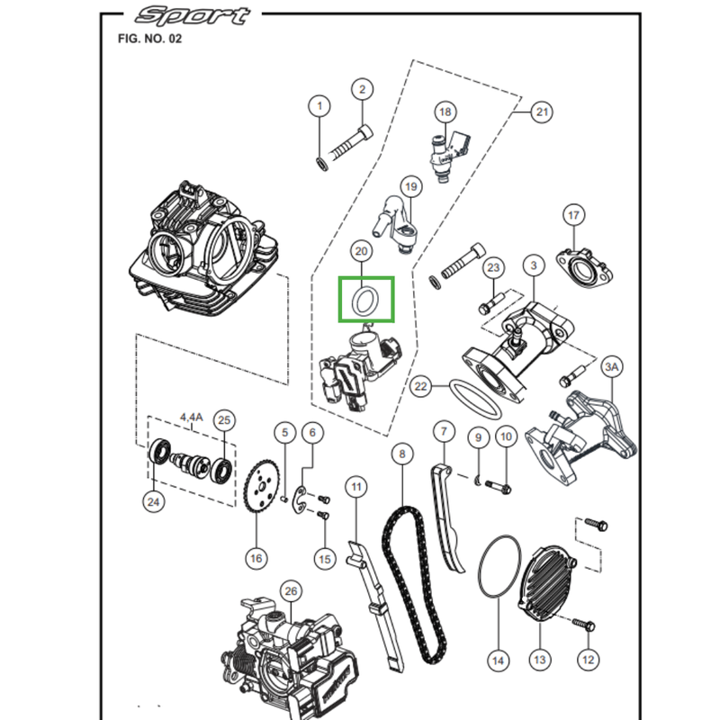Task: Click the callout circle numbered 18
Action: (x=445, y=112)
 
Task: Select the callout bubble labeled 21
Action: (x=541, y=112)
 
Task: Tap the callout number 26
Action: (x=289, y=590)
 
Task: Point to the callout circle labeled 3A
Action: (x=612, y=367)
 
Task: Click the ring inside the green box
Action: (x=365, y=301)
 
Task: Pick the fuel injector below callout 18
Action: (x=448, y=153)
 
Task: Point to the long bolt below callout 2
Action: (x=352, y=143)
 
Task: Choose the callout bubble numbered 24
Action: (x=154, y=501)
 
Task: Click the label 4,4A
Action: (x=192, y=417)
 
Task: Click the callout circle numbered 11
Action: (x=357, y=488)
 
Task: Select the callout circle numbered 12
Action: (x=588, y=660)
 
